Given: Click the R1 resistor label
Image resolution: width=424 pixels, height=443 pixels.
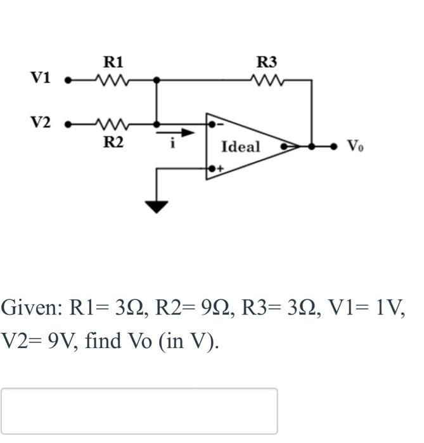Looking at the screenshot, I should tap(113, 62).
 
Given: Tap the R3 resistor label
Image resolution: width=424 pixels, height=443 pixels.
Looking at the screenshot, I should tap(267, 62).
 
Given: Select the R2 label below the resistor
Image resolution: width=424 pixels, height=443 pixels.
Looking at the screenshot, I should tap(113, 142).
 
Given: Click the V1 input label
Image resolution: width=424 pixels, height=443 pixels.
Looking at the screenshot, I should tap(41, 78).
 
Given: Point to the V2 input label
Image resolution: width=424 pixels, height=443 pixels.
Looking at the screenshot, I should tap(41, 122).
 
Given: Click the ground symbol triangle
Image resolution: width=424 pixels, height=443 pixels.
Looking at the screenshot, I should tap(157, 206).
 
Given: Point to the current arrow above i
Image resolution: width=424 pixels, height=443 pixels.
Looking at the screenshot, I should tap(183, 134).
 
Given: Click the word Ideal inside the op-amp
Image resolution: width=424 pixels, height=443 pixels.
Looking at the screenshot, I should tap(241, 147).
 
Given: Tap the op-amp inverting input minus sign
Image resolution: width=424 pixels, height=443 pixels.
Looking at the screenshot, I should tap(220, 125).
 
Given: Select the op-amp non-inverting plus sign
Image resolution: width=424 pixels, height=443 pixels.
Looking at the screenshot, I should tap(221, 169).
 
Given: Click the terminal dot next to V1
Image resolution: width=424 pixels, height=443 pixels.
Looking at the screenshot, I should tap(68, 80).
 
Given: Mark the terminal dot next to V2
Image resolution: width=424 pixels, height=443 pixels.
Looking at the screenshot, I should tap(68, 124).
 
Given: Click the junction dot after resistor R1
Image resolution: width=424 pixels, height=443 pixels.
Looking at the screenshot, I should tap(157, 80).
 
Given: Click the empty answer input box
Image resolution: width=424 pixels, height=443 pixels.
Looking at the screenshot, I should tap(139, 411).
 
